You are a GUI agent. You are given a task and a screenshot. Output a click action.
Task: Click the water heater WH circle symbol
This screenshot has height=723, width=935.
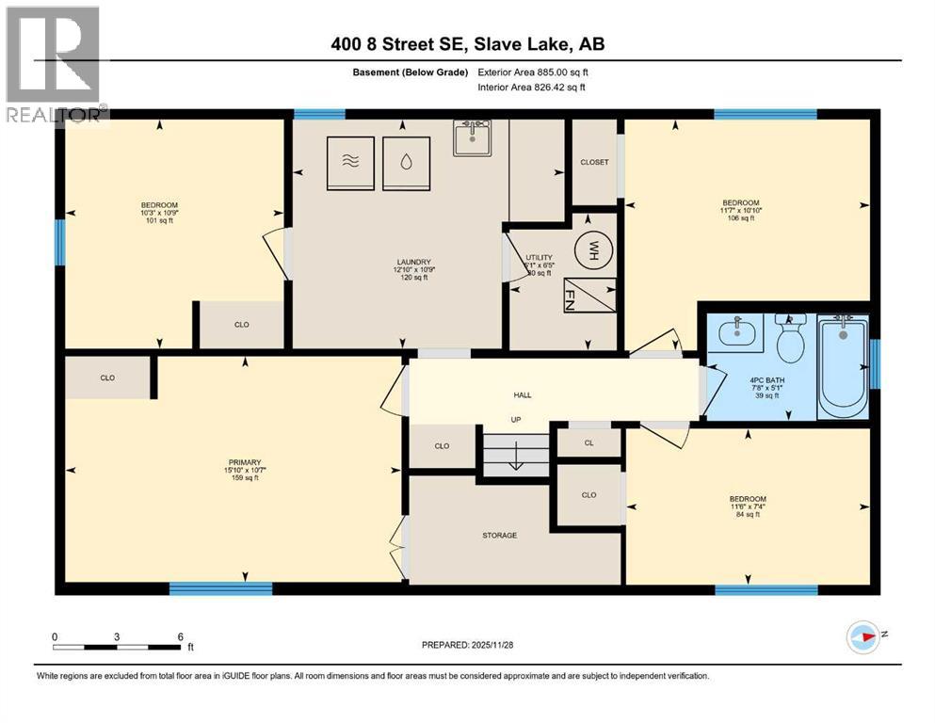[594, 250]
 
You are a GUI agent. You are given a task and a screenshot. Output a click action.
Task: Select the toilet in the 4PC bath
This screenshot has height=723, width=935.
[790, 340]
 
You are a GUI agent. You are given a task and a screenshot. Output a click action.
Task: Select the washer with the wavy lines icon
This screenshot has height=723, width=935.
[351, 162]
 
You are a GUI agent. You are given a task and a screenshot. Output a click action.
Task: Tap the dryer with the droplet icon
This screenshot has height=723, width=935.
[406, 162]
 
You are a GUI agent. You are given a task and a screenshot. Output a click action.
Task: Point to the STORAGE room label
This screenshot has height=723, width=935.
[499, 536]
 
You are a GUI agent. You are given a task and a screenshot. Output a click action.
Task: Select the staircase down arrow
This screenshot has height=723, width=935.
[516, 461]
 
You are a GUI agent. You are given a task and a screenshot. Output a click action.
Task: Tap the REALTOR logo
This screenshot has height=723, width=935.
[55, 65]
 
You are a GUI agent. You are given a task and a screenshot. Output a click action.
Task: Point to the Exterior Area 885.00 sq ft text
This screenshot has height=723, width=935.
[533, 72]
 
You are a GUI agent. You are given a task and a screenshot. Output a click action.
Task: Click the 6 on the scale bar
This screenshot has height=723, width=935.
[179, 635]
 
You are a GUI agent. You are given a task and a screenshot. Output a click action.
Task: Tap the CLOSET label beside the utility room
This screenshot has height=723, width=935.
[594, 162]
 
